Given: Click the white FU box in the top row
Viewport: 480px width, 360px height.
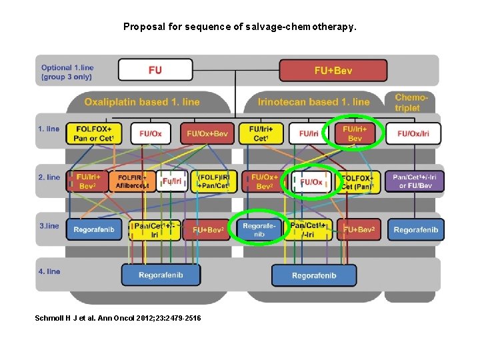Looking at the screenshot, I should (x=155, y=70).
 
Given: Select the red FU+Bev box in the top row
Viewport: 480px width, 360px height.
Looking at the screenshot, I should (x=333, y=70).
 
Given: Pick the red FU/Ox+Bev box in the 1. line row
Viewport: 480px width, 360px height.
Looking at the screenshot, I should (x=207, y=133).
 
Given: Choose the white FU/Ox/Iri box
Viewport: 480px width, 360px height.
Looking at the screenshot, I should (x=413, y=133).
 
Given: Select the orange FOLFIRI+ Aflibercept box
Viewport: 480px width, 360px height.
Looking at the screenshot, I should (x=134, y=181).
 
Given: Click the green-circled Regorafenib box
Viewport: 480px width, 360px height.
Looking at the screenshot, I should (x=259, y=229).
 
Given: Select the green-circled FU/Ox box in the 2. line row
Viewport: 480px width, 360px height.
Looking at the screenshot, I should (x=311, y=182).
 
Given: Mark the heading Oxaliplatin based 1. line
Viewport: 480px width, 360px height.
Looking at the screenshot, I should (x=142, y=102).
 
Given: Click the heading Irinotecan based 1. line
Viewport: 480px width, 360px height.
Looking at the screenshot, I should (x=313, y=102).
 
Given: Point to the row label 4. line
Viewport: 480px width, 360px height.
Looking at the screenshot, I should (x=49, y=271).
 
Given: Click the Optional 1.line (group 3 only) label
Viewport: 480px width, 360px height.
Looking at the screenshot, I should (x=67, y=72).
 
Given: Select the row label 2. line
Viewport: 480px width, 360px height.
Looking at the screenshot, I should (x=49, y=177).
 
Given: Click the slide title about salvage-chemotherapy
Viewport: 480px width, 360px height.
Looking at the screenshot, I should (x=240, y=27).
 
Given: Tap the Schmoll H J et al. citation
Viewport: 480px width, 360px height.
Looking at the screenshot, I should (x=117, y=318).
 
